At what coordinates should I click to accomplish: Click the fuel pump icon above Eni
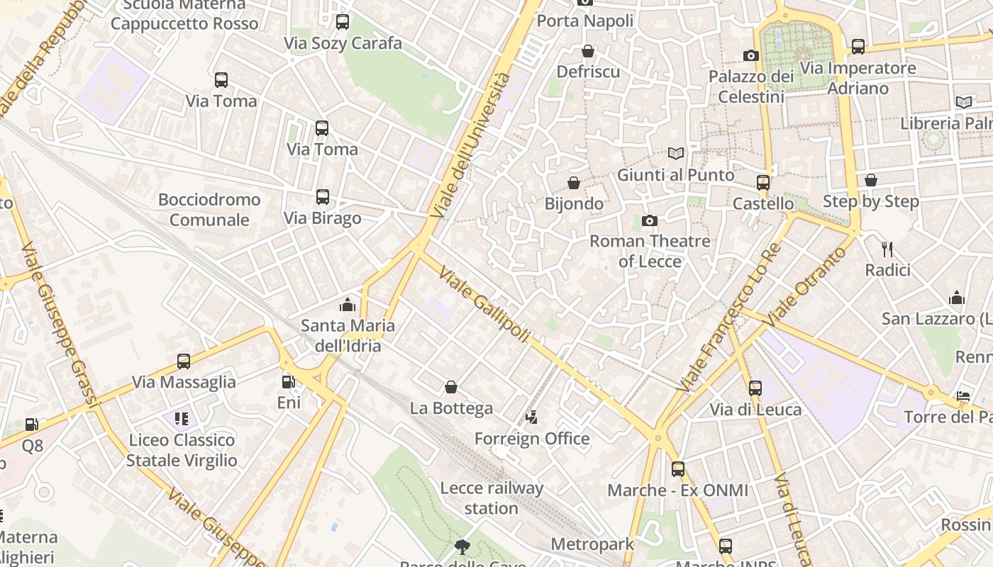pos(288,382)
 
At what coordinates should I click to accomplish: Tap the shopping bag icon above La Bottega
pos(451,387)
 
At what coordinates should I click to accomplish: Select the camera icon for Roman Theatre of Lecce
pos(649,221)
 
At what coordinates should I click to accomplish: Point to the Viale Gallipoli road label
pos(485,304)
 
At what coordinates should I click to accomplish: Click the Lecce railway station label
pos(492,498)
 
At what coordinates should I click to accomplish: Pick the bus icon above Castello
pos(763,183)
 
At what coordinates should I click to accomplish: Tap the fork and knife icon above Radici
pos(887,249)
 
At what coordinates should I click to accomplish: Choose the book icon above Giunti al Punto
pos(676,153)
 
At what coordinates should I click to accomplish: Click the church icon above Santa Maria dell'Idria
pos(348,305)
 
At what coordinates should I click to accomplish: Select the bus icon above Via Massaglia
pos(184,361)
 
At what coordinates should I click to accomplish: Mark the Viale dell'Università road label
pos(470,145)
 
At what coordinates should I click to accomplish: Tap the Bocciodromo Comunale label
pos(209,210)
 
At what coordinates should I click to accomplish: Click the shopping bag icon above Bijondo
pos(574,183)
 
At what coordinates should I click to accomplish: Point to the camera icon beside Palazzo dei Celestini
pos(751,55)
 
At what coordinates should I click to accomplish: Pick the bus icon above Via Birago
pos(323,197)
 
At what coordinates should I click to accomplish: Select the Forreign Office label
pos(532,439)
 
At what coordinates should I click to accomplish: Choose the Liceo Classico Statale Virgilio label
pos(182,450)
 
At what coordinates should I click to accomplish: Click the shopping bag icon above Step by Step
pos(871,180)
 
